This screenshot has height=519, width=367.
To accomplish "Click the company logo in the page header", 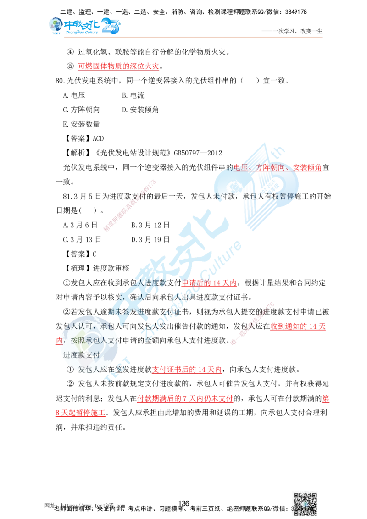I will (x=84, y=26).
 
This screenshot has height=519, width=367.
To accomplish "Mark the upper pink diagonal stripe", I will (x=130, y=205).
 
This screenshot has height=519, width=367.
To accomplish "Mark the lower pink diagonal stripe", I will (x=252, y=323).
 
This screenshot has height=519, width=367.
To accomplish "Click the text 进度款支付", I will (x=81, y=355).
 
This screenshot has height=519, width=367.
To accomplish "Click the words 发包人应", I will (x=92, y=370).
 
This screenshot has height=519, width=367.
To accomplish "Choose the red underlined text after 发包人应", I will (x=187, y=370).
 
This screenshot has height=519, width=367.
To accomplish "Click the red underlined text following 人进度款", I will (x=209, y=283).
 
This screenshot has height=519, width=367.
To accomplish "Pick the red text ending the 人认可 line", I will (x=298, y=326).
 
